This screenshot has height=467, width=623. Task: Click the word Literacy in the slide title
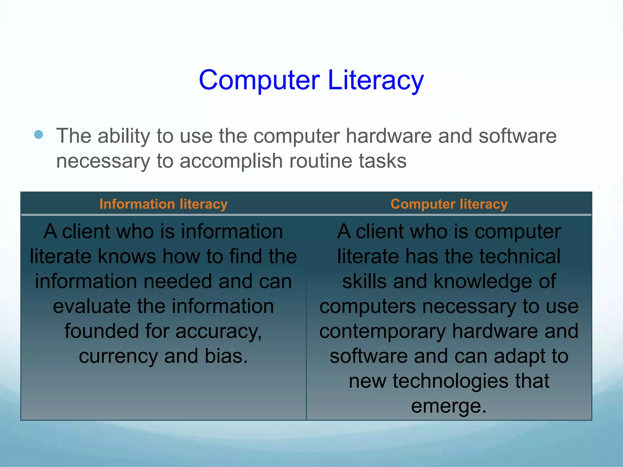376,80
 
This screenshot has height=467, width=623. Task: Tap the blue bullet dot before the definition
39,134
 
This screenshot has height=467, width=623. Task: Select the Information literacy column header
163,204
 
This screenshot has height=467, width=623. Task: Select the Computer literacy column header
449,204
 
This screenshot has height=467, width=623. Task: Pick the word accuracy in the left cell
218,331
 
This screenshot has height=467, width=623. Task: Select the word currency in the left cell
118,356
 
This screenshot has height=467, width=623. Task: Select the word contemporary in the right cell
382,331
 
